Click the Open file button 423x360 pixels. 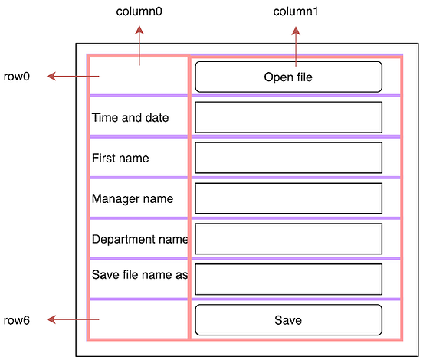(288, 77)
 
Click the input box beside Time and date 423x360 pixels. (288, 117)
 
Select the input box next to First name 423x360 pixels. (288, 158)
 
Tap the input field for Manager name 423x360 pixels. (288, 198)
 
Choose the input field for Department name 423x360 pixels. (288, 239)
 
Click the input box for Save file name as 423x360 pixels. (288, 280)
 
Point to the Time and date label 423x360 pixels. (130, 118)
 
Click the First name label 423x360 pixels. (120, 159)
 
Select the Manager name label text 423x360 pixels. (133, 199)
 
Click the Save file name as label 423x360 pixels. (139, 275)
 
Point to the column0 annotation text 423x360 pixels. (139, 12)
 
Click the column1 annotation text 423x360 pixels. (297, 12)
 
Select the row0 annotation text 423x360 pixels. (17, 77)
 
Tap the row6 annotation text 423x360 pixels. (17, 319)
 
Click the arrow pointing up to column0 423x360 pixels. (139, 46)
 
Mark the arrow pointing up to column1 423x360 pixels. (297, 46)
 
